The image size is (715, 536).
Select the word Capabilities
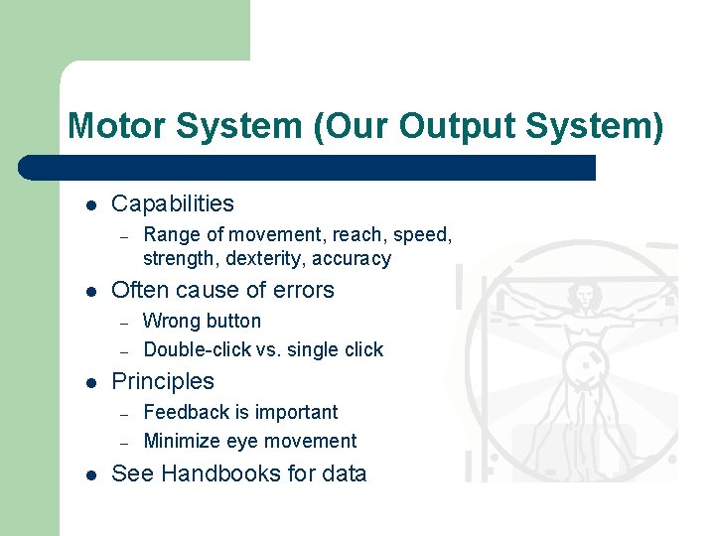pos(173,204)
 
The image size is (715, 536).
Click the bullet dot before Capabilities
pos(90,205)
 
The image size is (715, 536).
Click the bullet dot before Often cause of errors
pos(90,292)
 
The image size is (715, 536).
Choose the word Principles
pos(163,382)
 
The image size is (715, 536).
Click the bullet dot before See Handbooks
pos(90,475)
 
